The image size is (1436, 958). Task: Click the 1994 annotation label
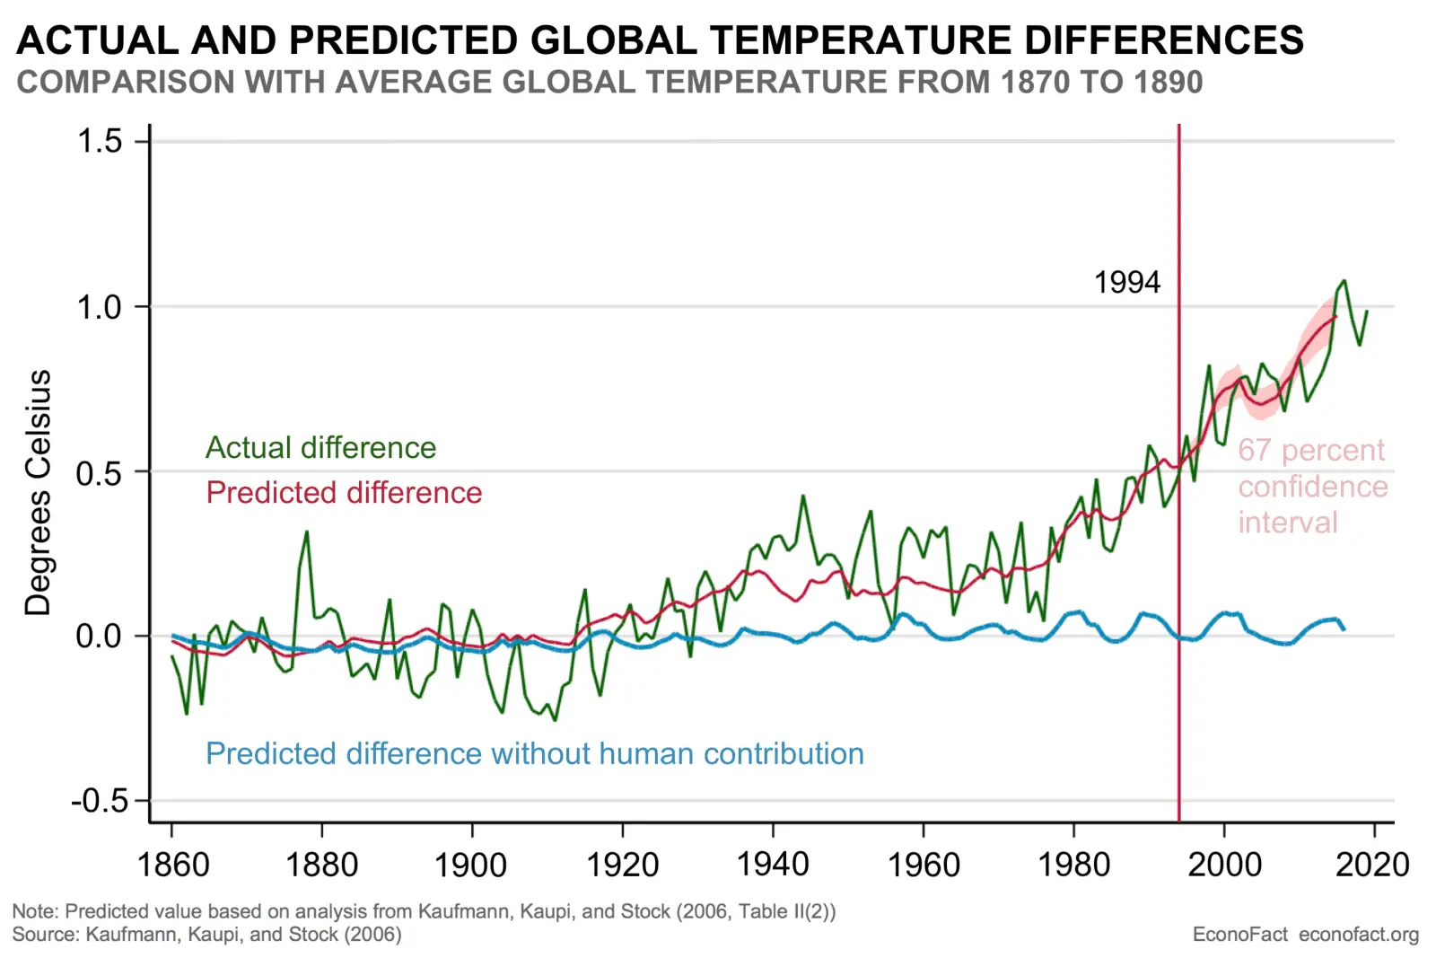(1126, 283)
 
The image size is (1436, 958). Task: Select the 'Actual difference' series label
(320, 447)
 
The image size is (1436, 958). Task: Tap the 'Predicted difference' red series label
(344, 492)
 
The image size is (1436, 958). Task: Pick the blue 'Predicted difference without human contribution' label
(534, 753)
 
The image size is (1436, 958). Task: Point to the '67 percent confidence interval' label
(1312, 486)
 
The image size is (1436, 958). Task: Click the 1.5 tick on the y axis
(100, 141)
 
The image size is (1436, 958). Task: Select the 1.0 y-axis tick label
(100, 307)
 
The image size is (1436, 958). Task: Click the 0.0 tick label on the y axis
(100, 637)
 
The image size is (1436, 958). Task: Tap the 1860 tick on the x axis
(172, 864)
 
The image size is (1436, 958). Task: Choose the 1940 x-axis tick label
(773, 864)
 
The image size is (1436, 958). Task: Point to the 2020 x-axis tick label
(1372, 864)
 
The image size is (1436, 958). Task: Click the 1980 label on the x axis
(1073, 864)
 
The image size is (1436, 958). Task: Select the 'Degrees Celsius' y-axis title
(38, 492)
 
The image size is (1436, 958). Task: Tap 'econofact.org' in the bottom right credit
(1359, 935)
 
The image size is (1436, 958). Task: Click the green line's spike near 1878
(307, 532)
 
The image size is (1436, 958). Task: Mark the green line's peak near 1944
(803, 496)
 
